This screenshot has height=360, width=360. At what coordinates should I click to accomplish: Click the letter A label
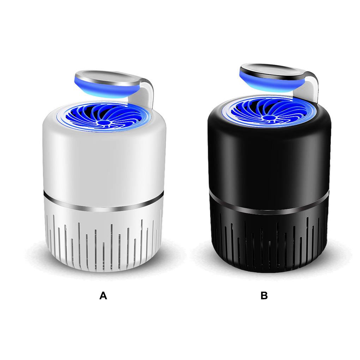point(103,296)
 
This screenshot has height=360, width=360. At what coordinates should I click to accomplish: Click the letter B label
point(264,296)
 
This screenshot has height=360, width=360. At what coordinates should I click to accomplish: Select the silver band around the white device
point(104,205)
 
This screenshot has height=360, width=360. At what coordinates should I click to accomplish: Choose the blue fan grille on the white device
point(88,116)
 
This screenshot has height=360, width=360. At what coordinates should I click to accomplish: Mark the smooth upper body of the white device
point(104,162)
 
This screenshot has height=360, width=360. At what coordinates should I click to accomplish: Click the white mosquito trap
point(104,176)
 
